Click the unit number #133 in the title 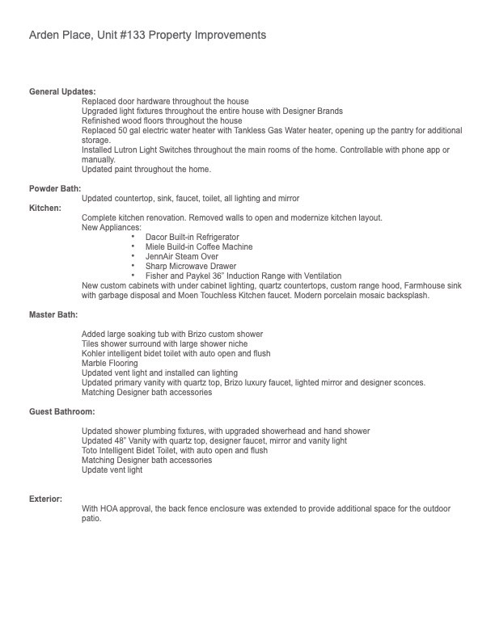(x=129, y=36)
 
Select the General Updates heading (x=62, y=92)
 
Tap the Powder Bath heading (x=55, y=188)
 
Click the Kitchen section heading (x=45, y=208)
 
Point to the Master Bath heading (x=54, y=314)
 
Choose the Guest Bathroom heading (x=62, y=412)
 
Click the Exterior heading (x=46, y=499)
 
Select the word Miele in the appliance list (x=155, y=246)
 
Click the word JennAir (x=159, y=256)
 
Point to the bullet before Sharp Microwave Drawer (x=133, y=266)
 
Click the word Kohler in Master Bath (x=94, y=353)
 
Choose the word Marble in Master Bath (x=95, y=363)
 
